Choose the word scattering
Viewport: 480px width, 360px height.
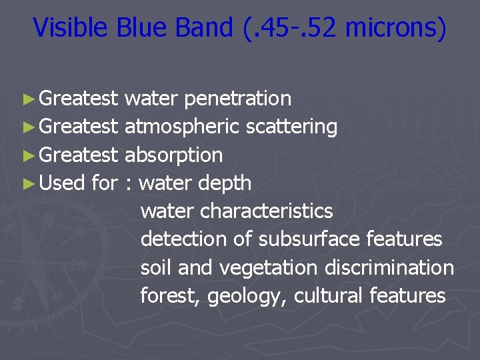(291, 127)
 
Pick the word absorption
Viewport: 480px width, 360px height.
(173, 155)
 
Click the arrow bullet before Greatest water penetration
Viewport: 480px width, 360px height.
(27, 99)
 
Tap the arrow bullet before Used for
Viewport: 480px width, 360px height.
(27, 183)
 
